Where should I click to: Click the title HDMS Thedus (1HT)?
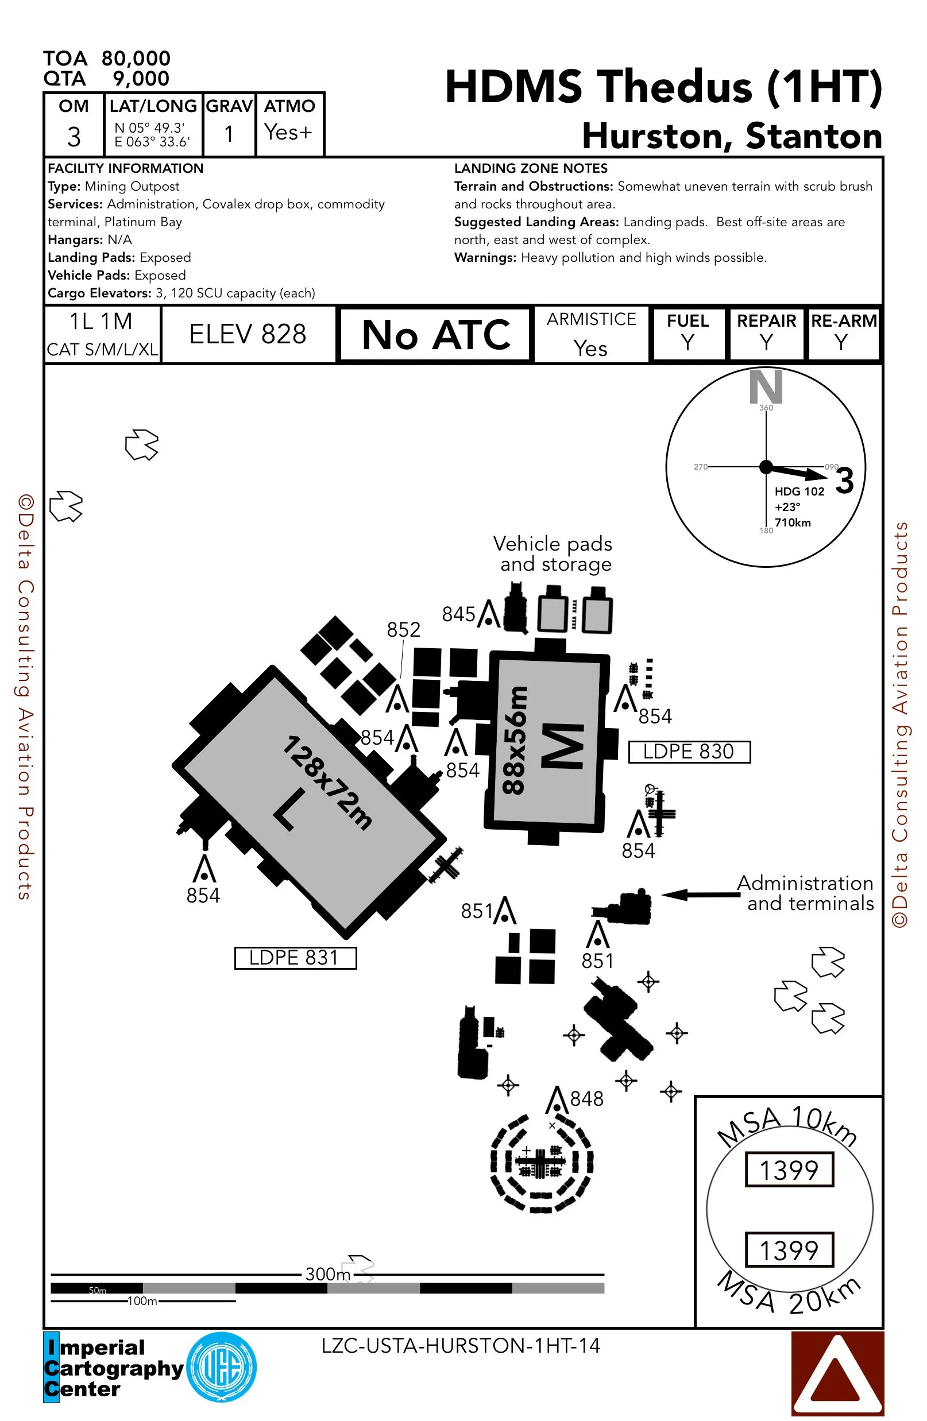(663, 87)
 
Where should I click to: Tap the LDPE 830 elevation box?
(689, 751)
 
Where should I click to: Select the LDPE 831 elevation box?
(295, 958)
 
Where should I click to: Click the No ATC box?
(435, 334)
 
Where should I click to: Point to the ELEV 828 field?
(248, 334)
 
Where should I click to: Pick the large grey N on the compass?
(766, 387)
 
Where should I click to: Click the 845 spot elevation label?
(458, 614)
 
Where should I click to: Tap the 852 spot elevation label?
(403, 629)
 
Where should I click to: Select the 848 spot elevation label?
(586, 1098)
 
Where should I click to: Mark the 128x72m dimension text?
(327, 782)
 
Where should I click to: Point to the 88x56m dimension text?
(515, 740)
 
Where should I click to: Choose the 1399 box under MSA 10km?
(789, 1170)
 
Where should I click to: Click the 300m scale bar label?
(327, 1273)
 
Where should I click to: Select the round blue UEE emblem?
(222, 1367)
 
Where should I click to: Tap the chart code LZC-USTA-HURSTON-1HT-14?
(461, 1345)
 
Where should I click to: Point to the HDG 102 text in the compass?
(799, 491)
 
